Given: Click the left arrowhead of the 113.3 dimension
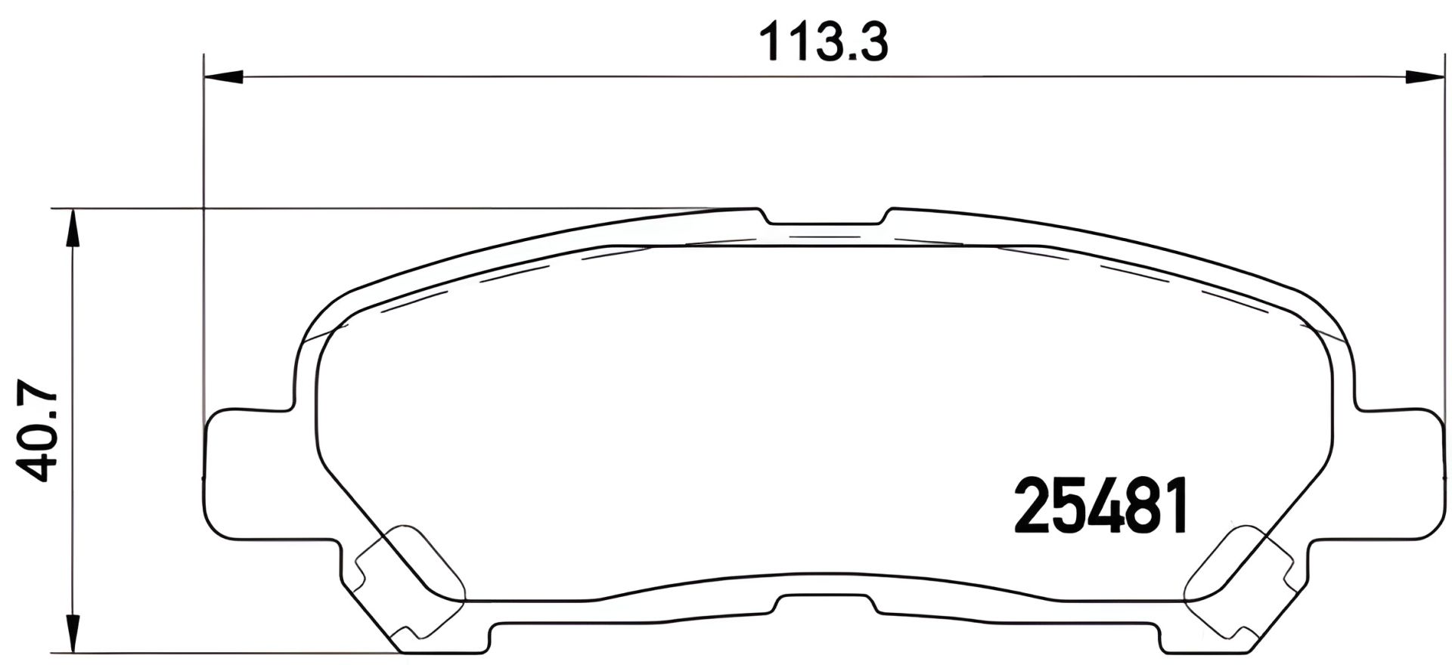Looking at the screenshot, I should [x=224, y=76].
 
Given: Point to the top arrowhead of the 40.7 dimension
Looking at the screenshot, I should [x=71, y=227].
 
